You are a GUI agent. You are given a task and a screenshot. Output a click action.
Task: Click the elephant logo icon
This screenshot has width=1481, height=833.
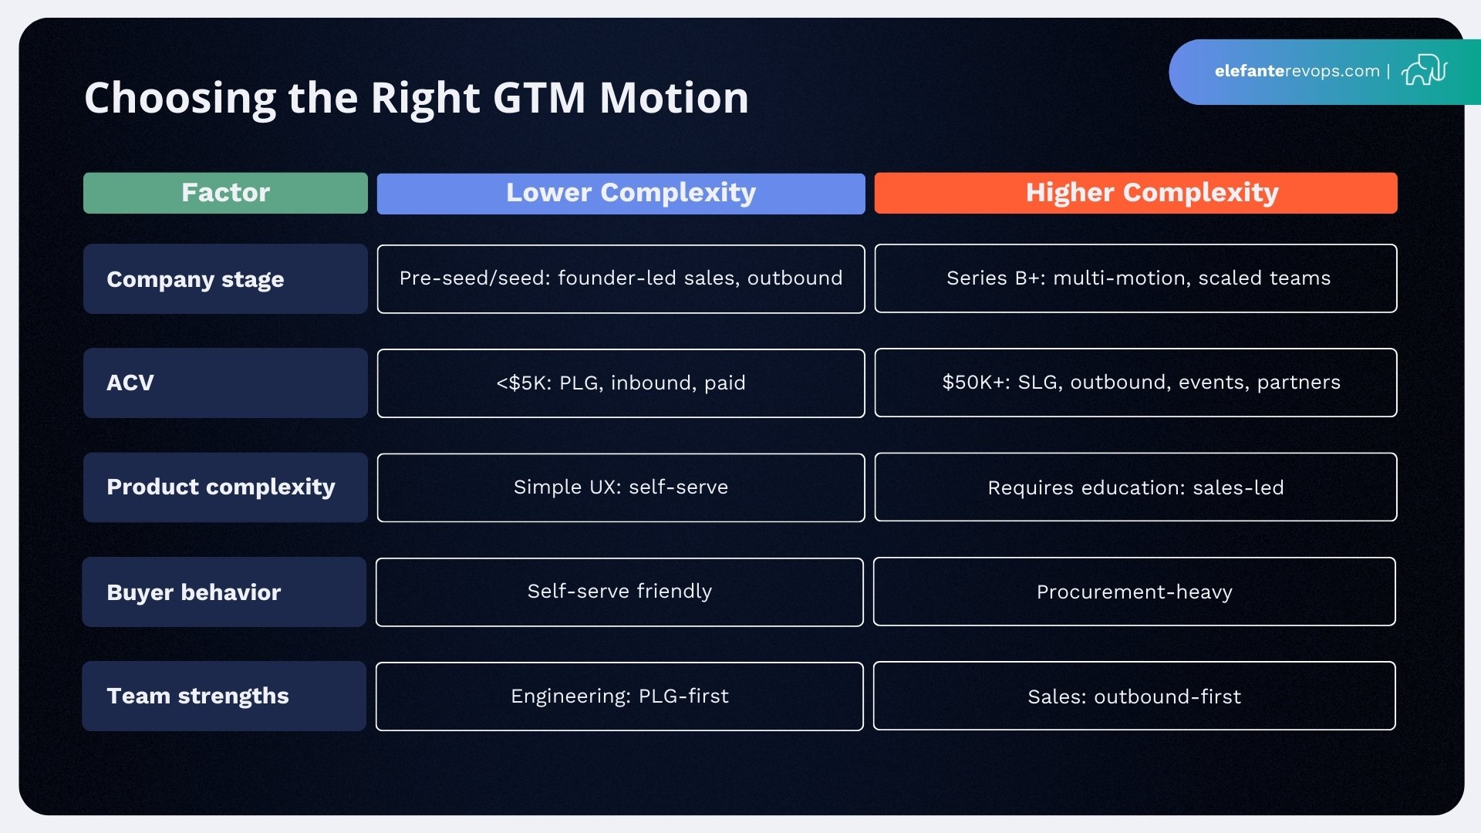(1424, 70)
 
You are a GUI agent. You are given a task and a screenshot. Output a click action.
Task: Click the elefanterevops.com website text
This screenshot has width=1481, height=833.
(1297, 71)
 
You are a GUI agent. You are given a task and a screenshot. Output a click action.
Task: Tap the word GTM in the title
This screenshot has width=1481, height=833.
(538, 98)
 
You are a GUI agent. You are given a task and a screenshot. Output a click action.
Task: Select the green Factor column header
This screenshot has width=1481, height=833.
(225, 193)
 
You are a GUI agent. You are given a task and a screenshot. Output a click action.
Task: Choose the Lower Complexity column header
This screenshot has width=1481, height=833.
(621, 193)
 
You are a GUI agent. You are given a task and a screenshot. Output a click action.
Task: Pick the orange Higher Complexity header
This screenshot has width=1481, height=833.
(1135, 193)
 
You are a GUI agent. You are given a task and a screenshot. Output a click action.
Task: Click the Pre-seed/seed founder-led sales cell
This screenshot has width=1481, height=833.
(621, 279)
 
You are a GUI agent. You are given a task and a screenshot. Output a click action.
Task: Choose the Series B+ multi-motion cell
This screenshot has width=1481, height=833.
(1135, 278)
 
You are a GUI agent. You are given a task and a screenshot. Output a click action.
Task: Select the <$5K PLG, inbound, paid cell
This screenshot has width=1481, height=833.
(621, 383)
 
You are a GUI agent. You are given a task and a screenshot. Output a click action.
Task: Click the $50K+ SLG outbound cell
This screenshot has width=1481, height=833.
(1135, 383)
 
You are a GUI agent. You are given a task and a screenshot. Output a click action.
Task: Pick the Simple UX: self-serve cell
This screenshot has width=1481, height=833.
(621, 487)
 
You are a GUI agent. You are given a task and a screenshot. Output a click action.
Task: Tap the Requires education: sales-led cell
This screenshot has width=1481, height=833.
(1135, 487)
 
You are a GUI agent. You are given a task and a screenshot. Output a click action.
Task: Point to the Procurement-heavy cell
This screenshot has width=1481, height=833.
(1134, 592)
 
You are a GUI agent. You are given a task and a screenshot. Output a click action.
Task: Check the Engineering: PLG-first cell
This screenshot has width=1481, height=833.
(619, 696)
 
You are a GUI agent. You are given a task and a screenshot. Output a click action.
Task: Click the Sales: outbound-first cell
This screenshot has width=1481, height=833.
(1134, 696)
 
